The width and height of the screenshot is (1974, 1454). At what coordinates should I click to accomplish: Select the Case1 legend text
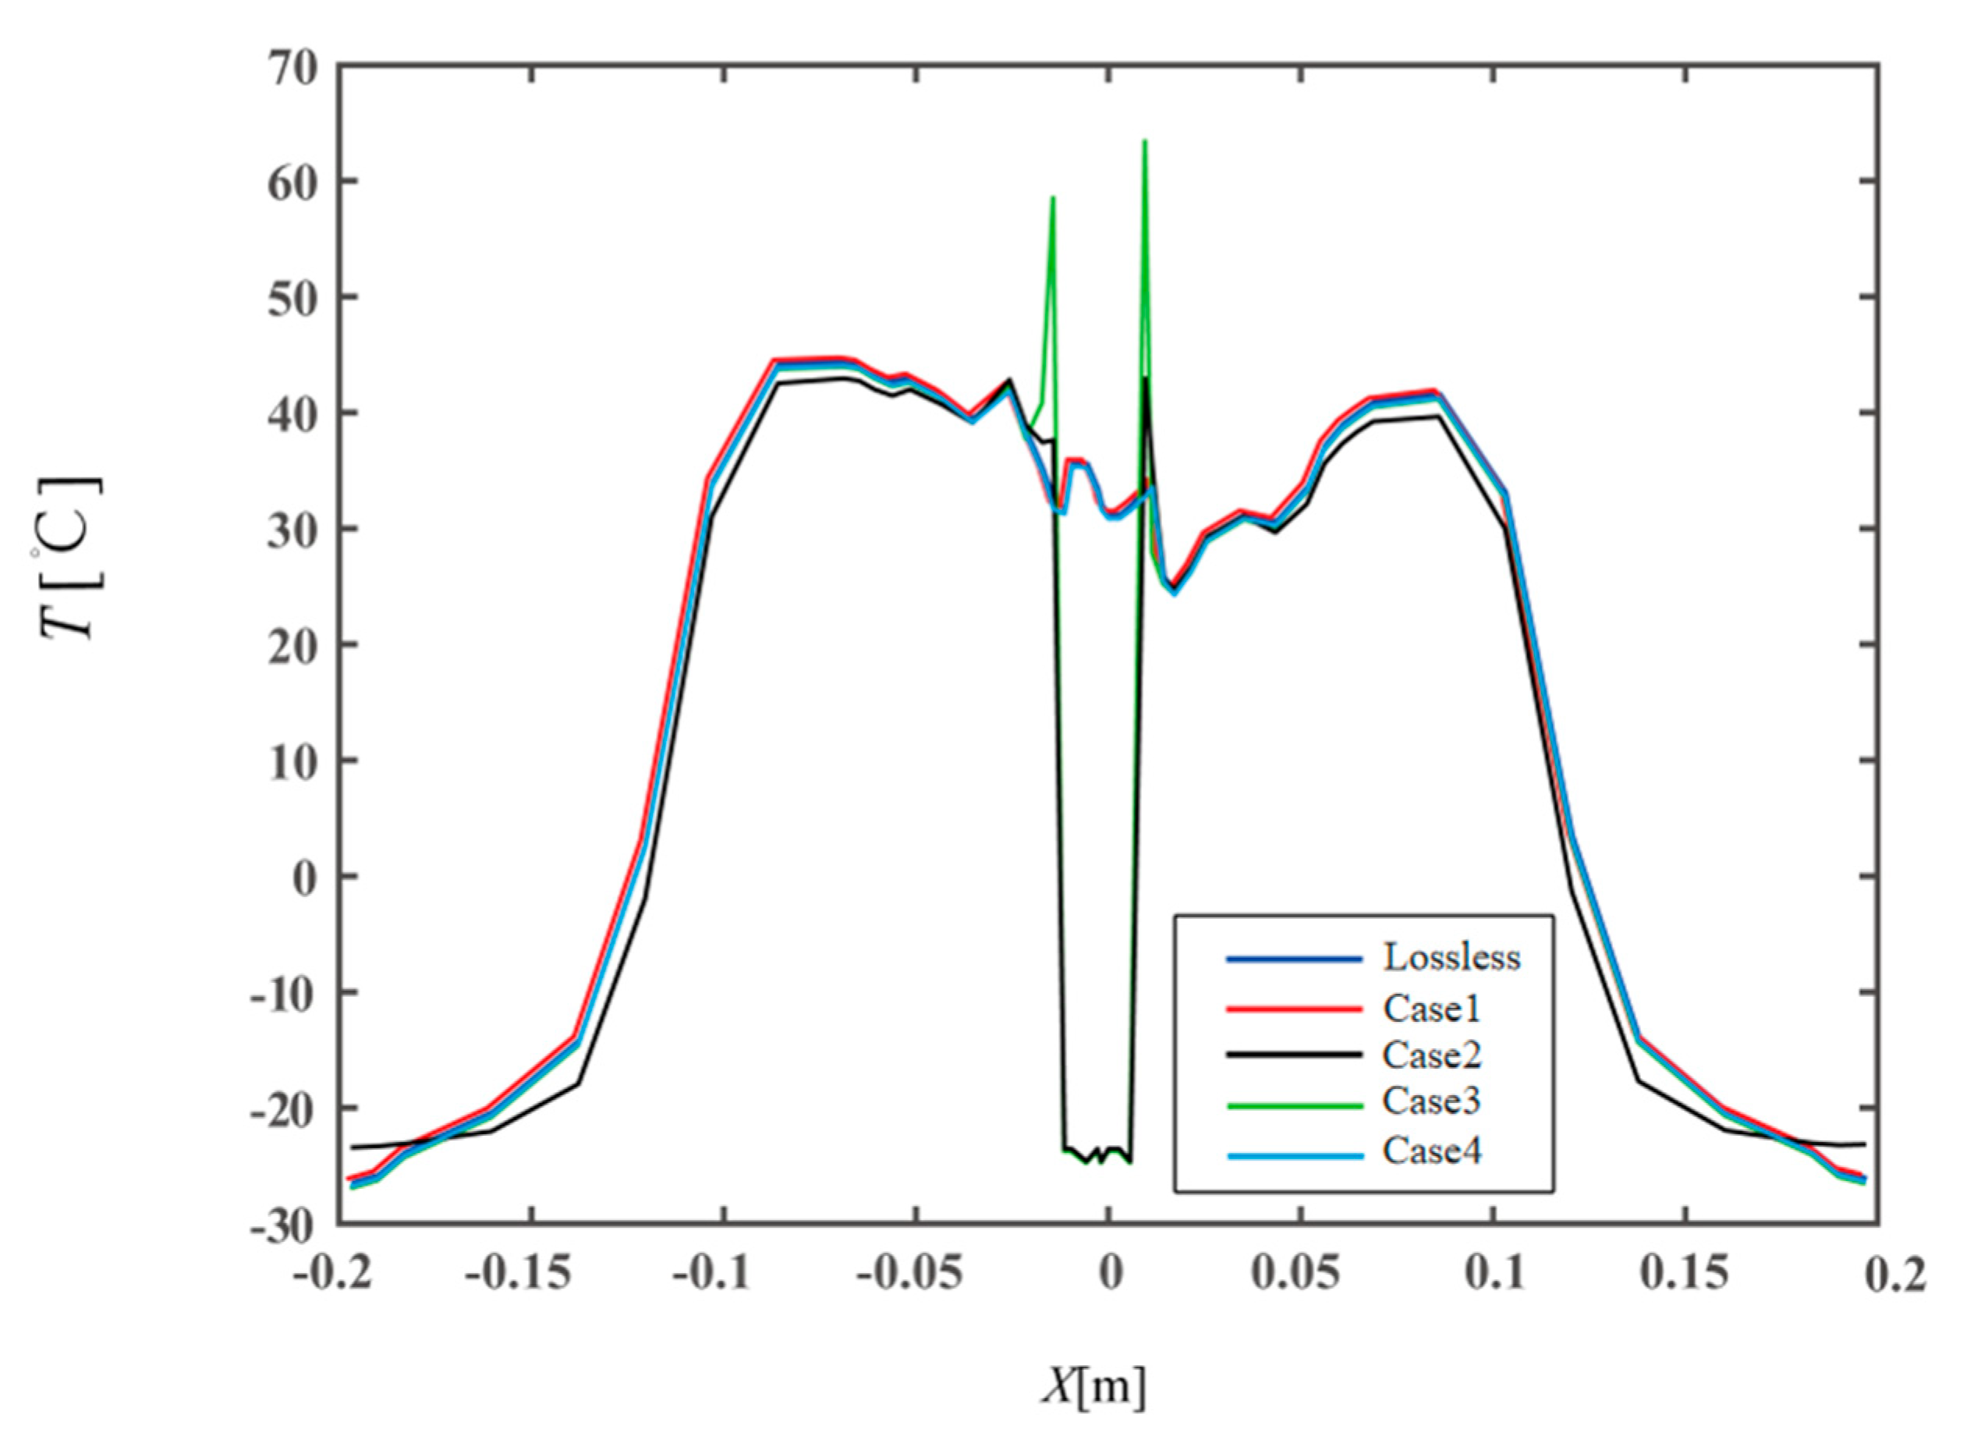click(1431, 1008)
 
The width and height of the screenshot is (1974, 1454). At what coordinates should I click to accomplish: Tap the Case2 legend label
click(1431, 1055)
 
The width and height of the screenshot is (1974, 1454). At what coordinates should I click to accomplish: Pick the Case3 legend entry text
click(1431, 1101)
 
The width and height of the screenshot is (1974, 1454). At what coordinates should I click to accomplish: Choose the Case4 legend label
click(1431, 1151)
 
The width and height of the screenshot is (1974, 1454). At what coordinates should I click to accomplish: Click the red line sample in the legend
click(1295, 1009)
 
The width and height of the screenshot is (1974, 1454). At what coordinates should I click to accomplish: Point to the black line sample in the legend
click(1295, 1055)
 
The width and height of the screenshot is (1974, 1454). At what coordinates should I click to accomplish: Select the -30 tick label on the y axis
click(282, 1227)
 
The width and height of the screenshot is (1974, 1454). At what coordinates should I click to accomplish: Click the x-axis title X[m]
click(1094, 1388)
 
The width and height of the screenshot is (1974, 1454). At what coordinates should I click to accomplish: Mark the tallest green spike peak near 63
click(1144, 141)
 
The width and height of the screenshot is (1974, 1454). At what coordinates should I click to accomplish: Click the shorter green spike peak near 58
click(1053, 197)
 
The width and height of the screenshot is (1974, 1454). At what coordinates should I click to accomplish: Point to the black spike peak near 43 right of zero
click(1146, 378)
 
